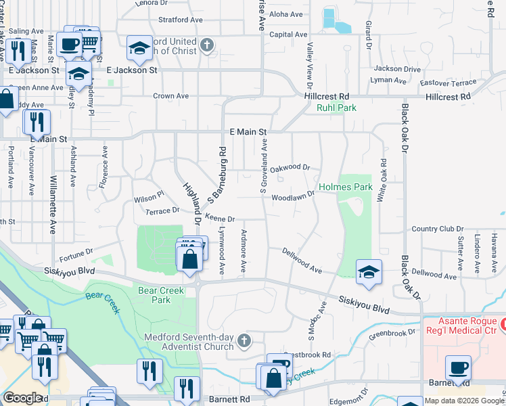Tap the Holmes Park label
345,187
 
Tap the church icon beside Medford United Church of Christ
207,46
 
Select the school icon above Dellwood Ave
369,271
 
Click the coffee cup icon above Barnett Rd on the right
458,367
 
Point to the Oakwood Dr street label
290,167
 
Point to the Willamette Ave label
53,204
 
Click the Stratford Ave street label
180,20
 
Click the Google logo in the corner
22,398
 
